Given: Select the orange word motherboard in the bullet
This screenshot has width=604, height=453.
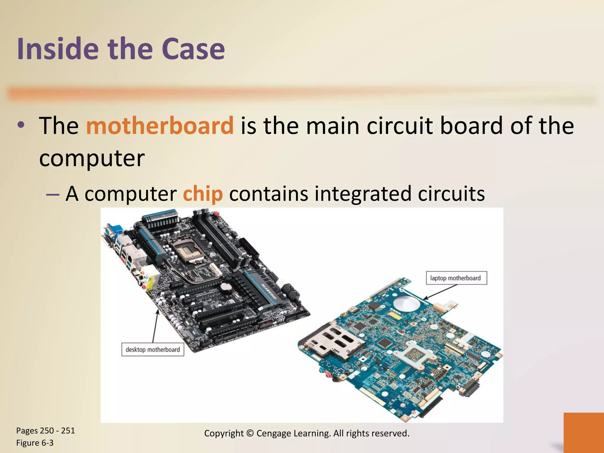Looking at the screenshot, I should (160, 126).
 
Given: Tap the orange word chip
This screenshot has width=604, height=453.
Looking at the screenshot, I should (203, 194).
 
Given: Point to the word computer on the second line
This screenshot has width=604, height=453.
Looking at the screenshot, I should (92, 158).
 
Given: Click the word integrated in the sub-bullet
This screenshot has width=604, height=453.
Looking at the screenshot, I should (363, 194).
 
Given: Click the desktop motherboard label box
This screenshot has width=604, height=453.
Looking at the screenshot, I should (153, 349).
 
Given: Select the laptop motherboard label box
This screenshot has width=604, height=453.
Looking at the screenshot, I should (456, 278).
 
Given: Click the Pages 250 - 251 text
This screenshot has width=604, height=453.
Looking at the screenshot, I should (45, 431).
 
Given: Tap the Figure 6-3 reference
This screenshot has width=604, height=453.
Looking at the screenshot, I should (35, 443).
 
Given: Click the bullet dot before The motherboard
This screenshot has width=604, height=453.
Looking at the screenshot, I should (21, 125).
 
